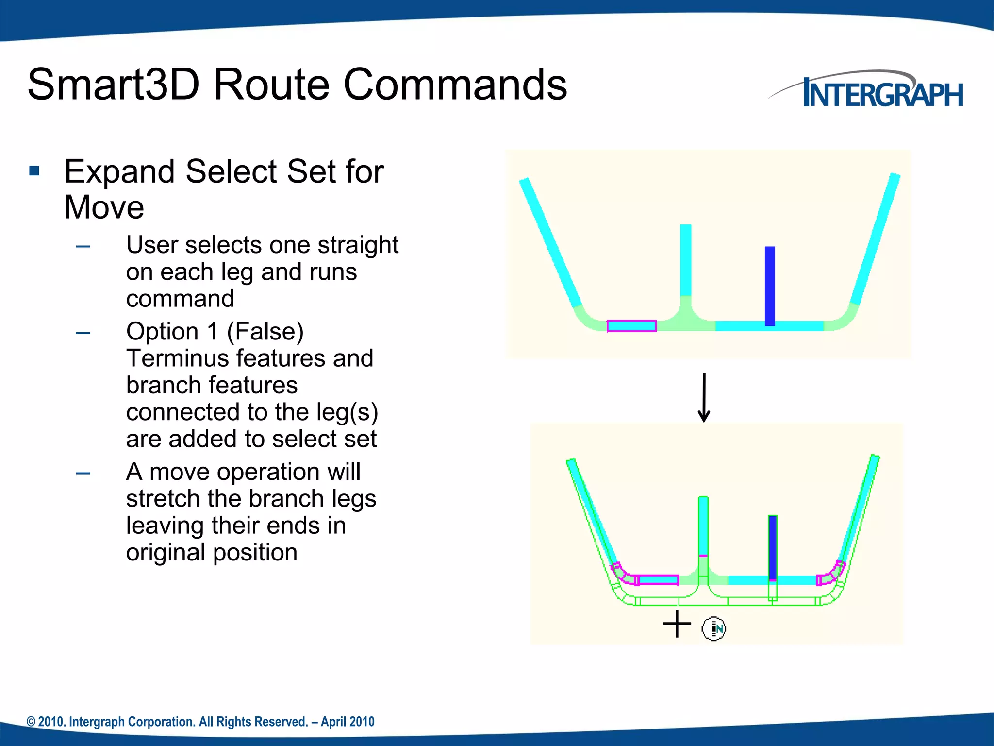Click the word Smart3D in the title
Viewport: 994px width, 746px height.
coord(113,85)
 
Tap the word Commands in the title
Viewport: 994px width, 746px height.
coord(455,85)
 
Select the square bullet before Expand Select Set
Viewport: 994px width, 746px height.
coord(34,171)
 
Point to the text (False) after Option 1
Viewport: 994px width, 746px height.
coord(265,332)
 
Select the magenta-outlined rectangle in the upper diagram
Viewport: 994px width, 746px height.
coord(631,326)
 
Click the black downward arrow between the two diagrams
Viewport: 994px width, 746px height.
coord(704,397)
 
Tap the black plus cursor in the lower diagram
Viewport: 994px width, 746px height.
coord(677,624)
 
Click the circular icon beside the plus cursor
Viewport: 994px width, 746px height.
coord(714,629)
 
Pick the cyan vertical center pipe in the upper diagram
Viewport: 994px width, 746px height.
coord(686,260)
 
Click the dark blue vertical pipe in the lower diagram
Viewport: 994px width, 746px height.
coord(773,546)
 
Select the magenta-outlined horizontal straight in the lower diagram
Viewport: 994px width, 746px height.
coord(658,580)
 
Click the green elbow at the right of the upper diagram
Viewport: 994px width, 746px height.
coord(843,319)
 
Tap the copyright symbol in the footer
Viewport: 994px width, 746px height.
coord(31,722)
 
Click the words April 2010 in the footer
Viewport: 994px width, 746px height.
coord(348,722)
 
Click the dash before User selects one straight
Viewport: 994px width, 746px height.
coord(83,246)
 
